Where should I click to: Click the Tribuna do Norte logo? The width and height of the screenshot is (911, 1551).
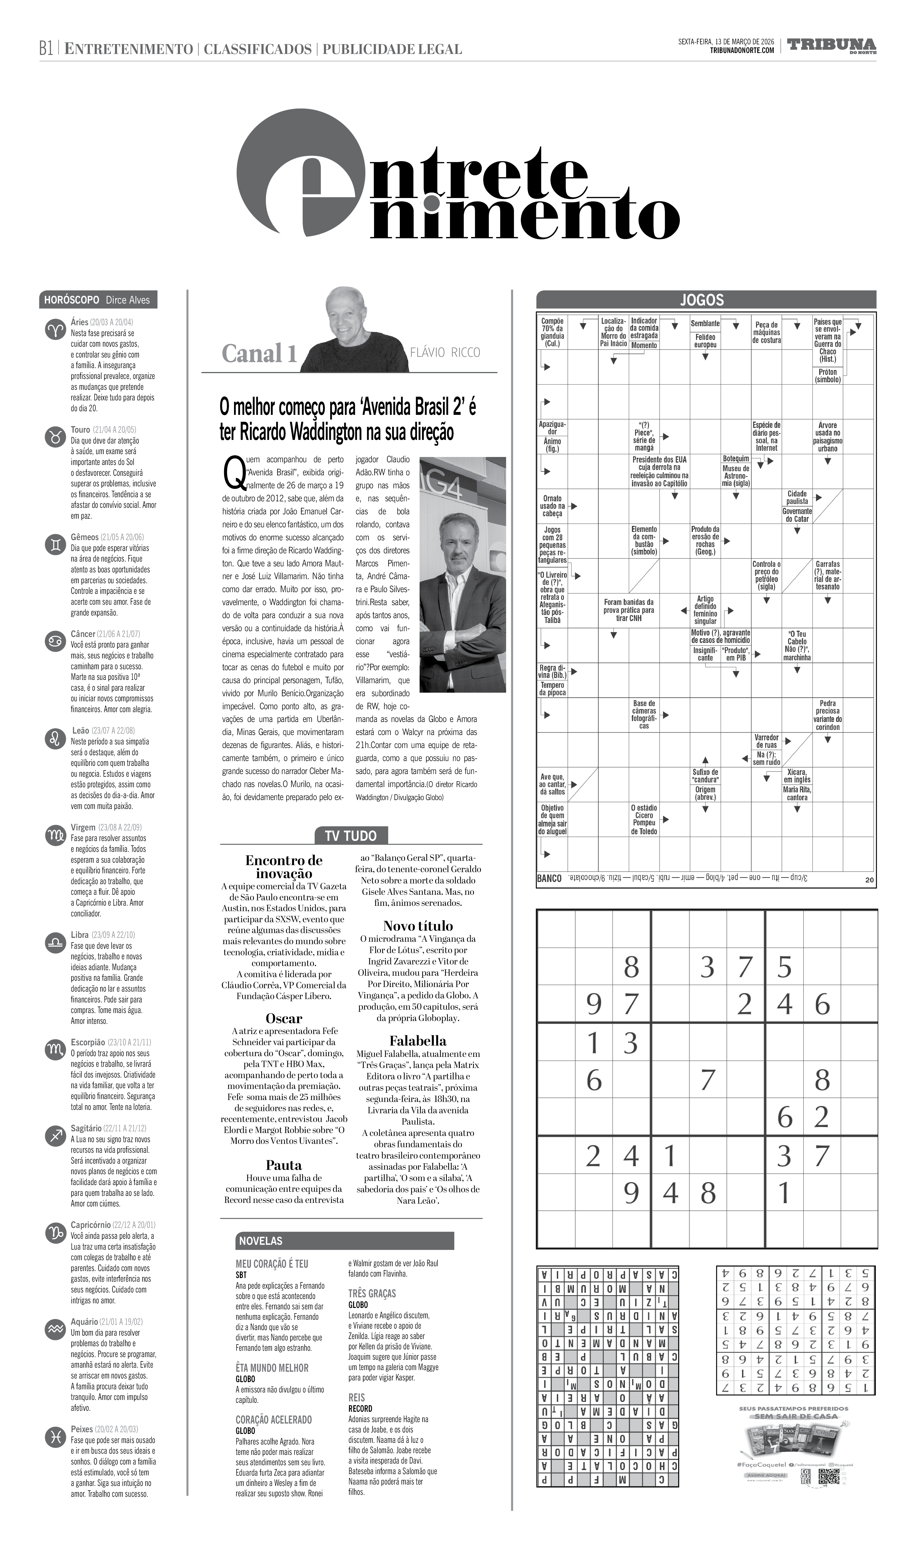(831, 46)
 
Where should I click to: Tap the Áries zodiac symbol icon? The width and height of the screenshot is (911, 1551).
(55, 330)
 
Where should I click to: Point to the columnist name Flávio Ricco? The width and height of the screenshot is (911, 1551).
(444, 353)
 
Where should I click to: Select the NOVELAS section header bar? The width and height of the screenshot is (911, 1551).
(345, 1241)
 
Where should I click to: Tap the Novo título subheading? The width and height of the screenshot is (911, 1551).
(418, 926)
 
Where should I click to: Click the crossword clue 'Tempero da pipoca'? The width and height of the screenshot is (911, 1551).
(552, 689)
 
